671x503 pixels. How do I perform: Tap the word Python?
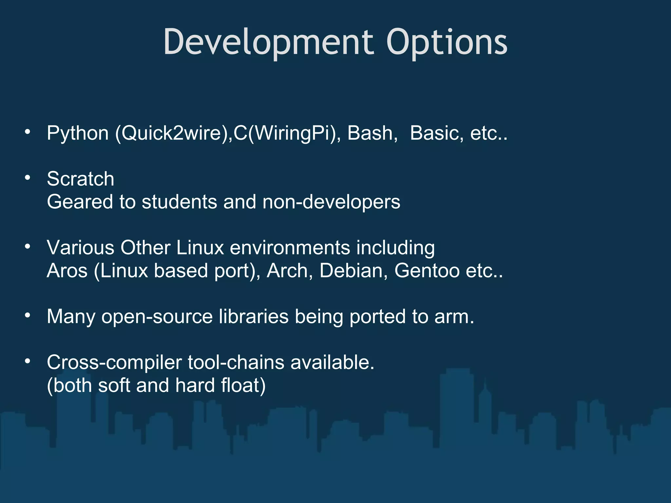78,134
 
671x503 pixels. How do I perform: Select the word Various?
81,248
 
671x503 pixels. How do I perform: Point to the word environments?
290,248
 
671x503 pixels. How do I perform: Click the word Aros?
67,271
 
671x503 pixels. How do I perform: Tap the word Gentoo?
427,271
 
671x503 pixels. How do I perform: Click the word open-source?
157,317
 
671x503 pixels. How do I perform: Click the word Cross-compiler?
114,363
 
